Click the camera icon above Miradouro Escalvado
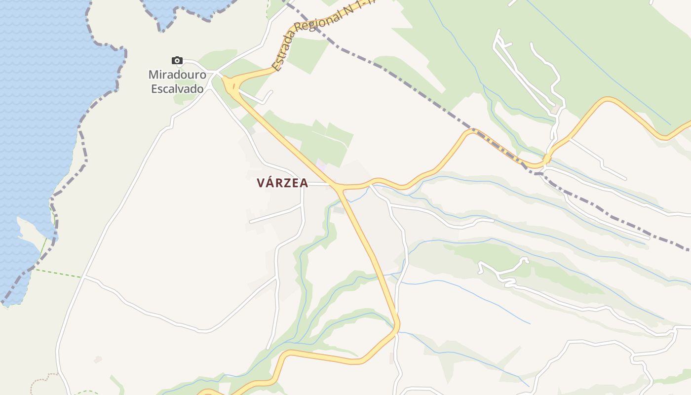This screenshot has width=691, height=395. pyautogui.click(x=177, y=61)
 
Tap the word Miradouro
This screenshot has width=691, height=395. pyautogui.click(x=177, y=76)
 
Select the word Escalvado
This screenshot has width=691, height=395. pyautogui.click(x=177, y=89)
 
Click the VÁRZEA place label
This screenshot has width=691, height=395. pyautogui.click(x=282, y=183)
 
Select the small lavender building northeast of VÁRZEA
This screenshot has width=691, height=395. pyautogui.click(x=321, y=163)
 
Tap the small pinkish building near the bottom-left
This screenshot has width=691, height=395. pyautogui.click(x=98, y=359)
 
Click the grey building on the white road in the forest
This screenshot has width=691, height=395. pyautogui.click(x=558, y=106)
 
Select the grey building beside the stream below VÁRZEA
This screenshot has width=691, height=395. pyautogui.click(x=339, y=210)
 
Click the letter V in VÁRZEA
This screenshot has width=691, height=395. pyautogui.click(x=261, y=183)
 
